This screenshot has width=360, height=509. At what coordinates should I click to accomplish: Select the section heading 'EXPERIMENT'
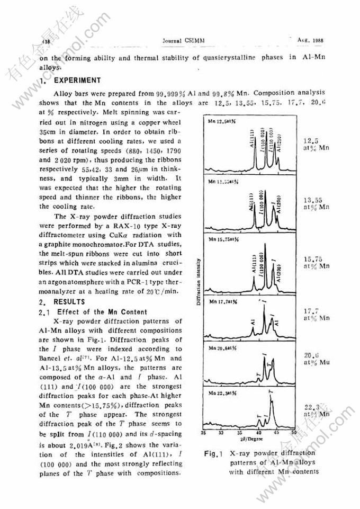tap(77, 81)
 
